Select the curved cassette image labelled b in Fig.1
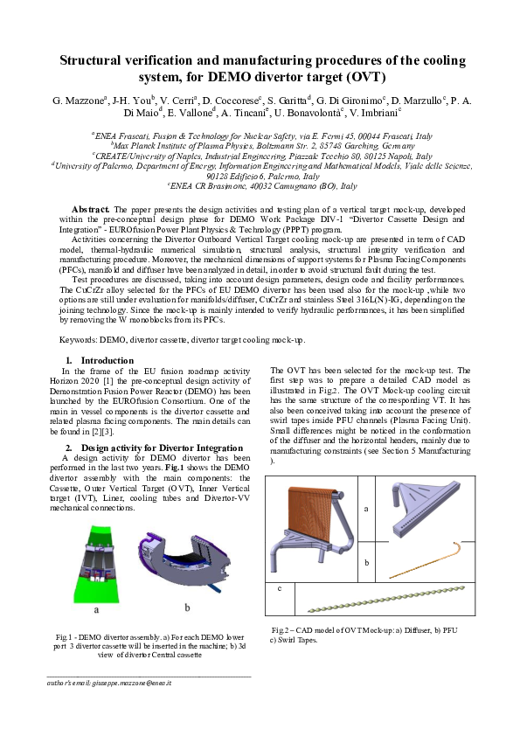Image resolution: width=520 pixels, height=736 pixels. pyautogui.click(x=186, y=564)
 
